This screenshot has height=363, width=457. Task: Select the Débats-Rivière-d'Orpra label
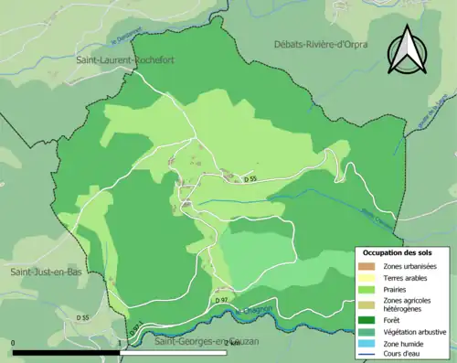(x=324, y=44)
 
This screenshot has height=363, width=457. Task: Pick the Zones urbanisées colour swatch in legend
(x=365, y=265)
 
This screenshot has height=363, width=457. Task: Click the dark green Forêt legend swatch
(x=365, y=321)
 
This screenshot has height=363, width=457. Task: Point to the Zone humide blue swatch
(x=365, y=343)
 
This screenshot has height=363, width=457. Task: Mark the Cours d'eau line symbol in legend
(x=365, y=354)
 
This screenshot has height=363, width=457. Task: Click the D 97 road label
(x=222, y=300)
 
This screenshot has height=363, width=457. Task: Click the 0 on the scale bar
(x=13, y=344)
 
